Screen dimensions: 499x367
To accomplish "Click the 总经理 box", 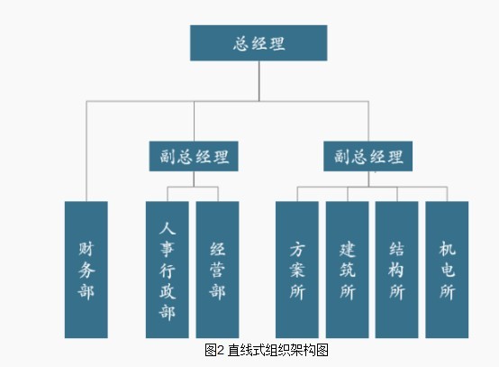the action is click(x=259, y=43).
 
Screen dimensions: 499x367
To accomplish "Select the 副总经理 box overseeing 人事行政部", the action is click(x=194, y=156).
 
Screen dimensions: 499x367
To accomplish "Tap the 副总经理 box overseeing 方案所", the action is click(x=367, y=156).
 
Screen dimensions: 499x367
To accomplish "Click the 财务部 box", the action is click(x=86, y=270).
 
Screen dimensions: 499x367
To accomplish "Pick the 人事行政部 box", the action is click(x=167, y=270).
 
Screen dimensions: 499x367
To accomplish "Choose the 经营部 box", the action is click(x=217, y=270).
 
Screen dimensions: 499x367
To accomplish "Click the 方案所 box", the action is click(x=297, y=270).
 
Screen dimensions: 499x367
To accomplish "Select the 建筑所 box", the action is click(x=347, y=270).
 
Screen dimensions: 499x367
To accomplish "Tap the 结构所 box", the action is click(x=397, y=270).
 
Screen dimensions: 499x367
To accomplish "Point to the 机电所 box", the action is click(x=447, y=270).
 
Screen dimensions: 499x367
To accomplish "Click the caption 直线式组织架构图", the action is click(x=277, y=350).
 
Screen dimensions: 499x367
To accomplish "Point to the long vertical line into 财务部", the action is click(x=86, y=151).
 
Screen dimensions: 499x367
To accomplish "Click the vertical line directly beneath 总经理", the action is click(x=259, y=81).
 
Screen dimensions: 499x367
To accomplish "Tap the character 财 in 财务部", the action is click(x=86, y=249).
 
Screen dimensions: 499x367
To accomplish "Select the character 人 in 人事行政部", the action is click(x=167, y=228).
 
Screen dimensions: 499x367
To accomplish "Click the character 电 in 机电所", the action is click(x=447, y=270).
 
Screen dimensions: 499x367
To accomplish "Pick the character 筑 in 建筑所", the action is click(x=347, y=270).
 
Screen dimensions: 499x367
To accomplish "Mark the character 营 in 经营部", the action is click(x=217, y=270).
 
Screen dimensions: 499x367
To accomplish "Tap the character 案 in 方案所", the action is click(x=297, y=270).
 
